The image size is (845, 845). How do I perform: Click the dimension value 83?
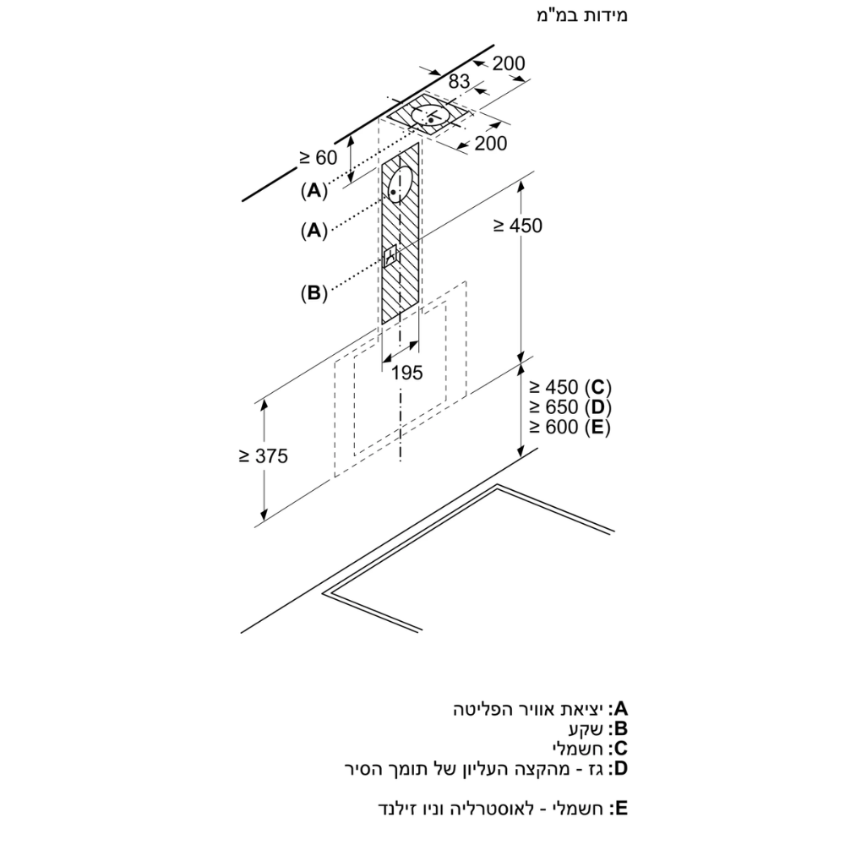pos(458,82)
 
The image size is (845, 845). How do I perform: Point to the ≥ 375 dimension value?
pos(263,456)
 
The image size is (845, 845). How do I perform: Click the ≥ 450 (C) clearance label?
pos(570,388)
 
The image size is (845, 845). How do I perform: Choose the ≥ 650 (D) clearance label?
pos(570,407)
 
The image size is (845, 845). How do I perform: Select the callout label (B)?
pos(313,293)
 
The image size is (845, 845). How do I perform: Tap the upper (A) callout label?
pos(313,190)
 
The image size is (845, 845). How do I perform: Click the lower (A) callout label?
pos(313,230)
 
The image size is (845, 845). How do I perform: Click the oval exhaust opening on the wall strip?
pos(401,183)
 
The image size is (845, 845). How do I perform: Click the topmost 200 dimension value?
pos(509,63)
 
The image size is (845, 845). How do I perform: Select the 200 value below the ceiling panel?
pos(491,144)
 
